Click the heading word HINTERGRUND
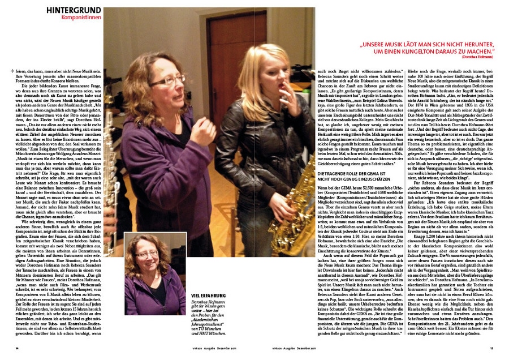[x=74, y=10]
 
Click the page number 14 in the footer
[x=18, y=349]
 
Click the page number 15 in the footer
[x=491, y=349]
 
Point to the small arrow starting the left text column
[x=12, y=70]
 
